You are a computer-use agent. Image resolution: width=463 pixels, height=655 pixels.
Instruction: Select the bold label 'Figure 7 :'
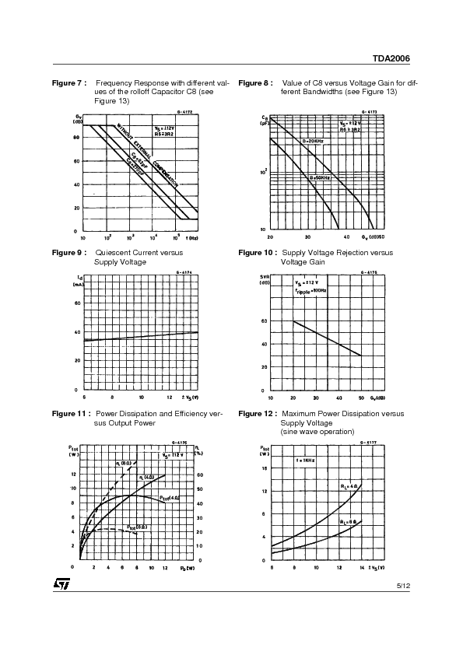pyautogui.click(x=68, y=82)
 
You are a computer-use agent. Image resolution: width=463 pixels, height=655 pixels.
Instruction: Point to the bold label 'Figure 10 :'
pyautogui.click(x=257, y=253)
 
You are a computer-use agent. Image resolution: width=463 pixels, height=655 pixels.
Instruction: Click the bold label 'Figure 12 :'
pyautogui.click(x=257, y=414)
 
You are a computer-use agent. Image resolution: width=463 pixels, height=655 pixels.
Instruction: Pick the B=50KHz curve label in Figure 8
pyautogui.click(x=320, y=177)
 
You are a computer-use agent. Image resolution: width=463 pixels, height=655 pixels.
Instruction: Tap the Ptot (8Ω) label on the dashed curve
pyautogui.click(x=137, y=527)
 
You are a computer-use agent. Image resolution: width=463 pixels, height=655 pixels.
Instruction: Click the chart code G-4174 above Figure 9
pyautogui.click(x=184, y=272)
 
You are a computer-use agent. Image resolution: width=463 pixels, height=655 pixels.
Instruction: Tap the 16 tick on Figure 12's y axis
pyautogui.click(x=265, y=468)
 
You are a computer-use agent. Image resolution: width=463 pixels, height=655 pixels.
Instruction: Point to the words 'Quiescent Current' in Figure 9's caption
pyautogui.click(x=128, y=253)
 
